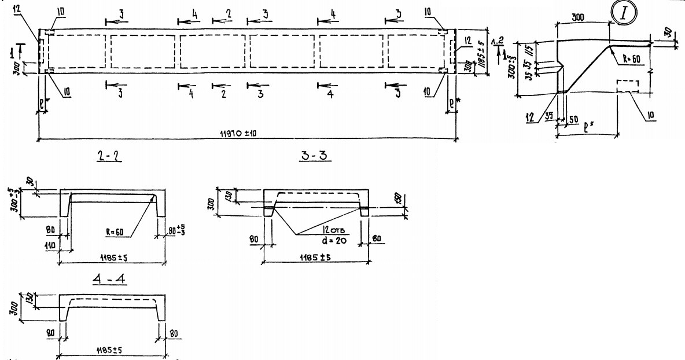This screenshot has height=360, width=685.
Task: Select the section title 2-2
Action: [x=108, y=156]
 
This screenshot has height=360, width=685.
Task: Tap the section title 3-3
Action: [x=315, y=156]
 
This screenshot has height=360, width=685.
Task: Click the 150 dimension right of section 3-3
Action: [x=403, y=200]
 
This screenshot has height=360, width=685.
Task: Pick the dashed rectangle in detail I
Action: [x=627, y=86]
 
